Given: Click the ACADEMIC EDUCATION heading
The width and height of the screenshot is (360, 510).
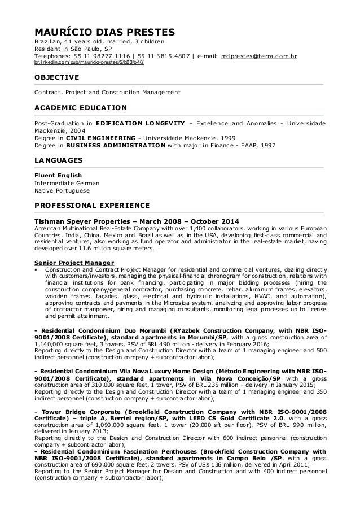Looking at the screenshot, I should tap(81, 108).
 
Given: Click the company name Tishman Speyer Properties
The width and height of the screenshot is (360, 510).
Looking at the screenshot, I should tap(82, 220).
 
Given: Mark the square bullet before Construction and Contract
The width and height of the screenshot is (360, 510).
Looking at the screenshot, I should tap(36, 271).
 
